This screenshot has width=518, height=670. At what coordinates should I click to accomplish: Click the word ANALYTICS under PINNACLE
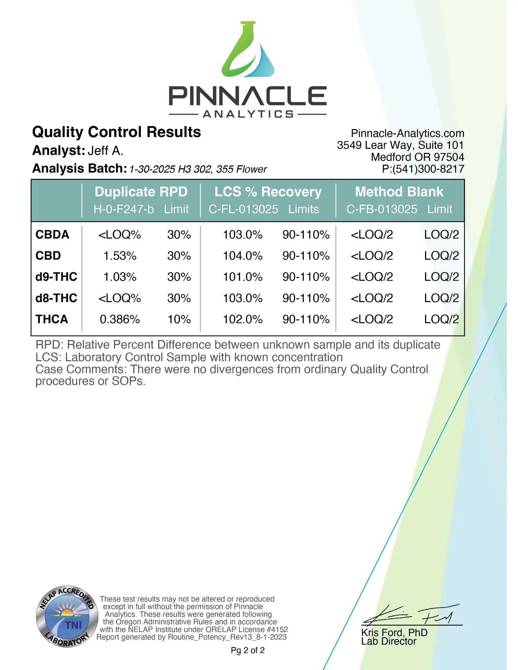click(x=248, y=114)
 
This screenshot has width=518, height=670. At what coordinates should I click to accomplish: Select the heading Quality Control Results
click(x=117, y=132)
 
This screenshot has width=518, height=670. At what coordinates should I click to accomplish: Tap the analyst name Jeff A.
click(x=105, y=150)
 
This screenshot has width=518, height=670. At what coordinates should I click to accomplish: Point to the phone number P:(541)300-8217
click(x=423, y=169)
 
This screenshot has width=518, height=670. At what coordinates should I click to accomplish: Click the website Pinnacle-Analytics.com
click(x=407, y=133)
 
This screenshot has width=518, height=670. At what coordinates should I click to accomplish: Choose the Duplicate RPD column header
click(x=141, y=192)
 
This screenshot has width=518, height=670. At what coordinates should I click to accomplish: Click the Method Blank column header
click(x=399, y=192)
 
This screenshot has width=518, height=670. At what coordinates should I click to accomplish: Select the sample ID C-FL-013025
click(x=243, y=209)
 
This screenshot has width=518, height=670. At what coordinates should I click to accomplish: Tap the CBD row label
click(x=48, y=256)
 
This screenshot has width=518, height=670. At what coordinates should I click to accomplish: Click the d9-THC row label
click(x=56, y=277)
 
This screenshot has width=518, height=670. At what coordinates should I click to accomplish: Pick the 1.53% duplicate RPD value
click(x=120, y=256)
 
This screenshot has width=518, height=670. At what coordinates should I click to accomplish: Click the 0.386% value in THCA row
click(x=120, y=319)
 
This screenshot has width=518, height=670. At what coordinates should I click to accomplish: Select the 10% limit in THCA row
click(x=179, y=319)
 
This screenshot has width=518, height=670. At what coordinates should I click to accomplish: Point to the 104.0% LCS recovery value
click(x=243, y=256)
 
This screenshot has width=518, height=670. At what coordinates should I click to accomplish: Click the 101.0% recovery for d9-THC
click(x=243, y=277)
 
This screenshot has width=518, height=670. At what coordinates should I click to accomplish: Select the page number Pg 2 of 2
click(x=248, y=650)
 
